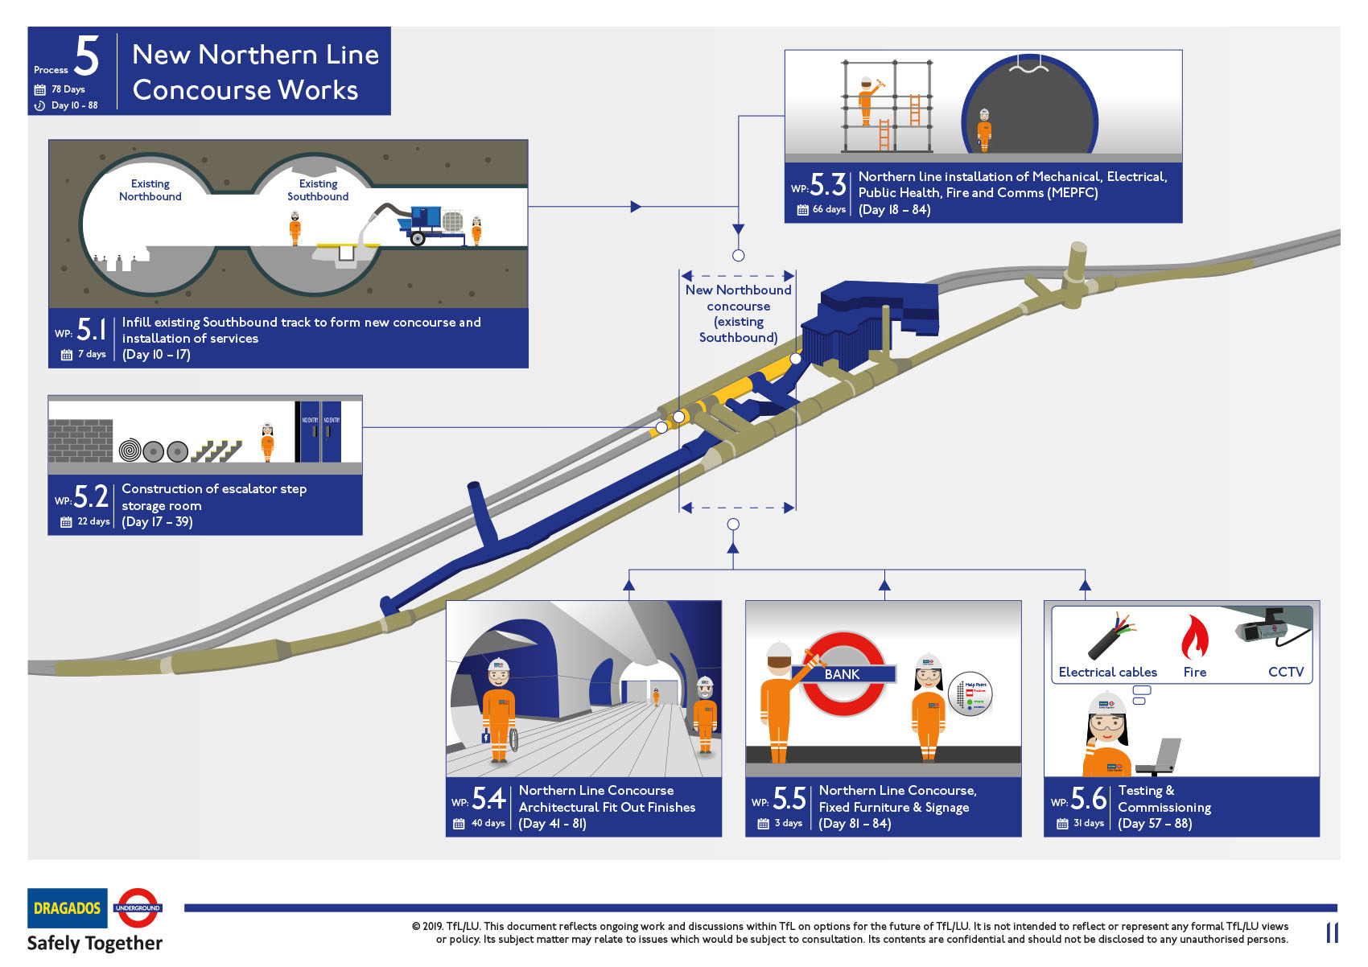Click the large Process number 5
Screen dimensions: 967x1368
pyautogui.click(x=87, y=56)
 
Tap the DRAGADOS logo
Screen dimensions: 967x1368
pyautogui.click(x=68, y=908)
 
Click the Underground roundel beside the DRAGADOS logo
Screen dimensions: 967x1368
pyautogui.click(x=138, y=907)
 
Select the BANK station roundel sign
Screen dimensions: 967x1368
pyautogui.click(x=843, y=674)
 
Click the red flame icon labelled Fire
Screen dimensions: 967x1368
pyautogui.click(x=1195, y=637)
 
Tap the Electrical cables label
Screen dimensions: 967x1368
pyautogui.click(x=1107, y=673)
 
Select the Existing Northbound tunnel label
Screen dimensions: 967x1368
pyautogui.click(x=150, y=190)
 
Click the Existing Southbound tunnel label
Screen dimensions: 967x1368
pyautogui.click(x=318, y=190)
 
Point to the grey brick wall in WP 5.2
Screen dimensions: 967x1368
pyautogui.click(x=80, y=439)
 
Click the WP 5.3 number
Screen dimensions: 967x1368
pyautogui.click(x=827, y=185)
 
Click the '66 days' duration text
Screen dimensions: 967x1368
pyautogui.click(x=829, y=209)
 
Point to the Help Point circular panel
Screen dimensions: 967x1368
pyautogui.click(x=970, y=693)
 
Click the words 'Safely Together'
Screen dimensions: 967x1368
pyautogui.click(x=95, y=943)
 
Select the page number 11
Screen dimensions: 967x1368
pyautogui.click(x=1332, y=933)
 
